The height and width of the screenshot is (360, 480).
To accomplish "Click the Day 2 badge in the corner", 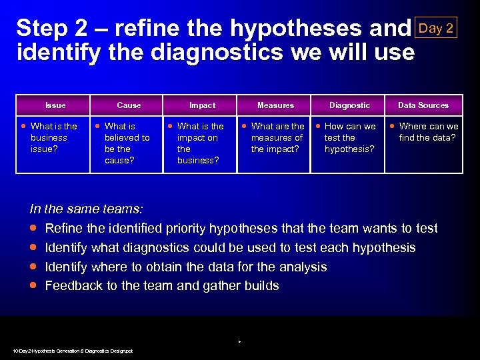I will (436, 27).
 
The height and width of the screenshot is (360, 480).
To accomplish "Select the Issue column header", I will (55, 105).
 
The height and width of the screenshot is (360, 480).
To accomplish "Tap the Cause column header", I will (129, 105).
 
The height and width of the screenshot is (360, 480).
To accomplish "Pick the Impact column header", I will (202, 105).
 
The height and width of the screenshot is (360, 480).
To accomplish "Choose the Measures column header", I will (275, 105).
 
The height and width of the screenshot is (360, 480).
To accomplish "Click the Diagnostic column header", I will (349, 105).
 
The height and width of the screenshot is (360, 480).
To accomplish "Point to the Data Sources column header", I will (423, 105).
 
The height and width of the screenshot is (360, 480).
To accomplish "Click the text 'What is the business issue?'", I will (53, 137).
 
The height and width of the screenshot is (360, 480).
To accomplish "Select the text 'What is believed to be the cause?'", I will (127, 143).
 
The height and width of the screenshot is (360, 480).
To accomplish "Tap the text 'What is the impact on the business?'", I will (200, 143).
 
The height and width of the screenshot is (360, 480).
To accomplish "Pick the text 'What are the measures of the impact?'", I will (277, 137).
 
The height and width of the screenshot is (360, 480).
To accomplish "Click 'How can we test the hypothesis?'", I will (350, 137).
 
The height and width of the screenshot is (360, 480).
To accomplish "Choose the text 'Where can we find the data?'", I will (428, 132).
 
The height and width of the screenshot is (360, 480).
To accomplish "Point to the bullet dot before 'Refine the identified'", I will (33, 229).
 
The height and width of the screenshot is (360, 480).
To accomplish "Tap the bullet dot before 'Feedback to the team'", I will (33, 286).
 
